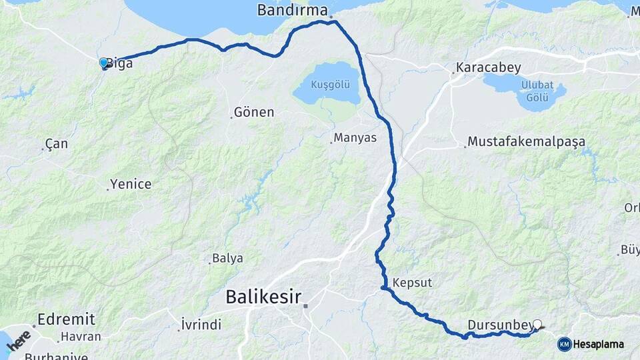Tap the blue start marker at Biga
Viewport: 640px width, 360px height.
point(103,63)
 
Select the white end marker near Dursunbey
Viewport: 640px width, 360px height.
point(537,325)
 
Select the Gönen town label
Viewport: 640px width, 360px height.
point(254,112)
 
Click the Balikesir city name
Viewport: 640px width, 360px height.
point(263,296)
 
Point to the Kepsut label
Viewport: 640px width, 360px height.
point(413,283)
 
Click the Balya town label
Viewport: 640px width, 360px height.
point(227,258)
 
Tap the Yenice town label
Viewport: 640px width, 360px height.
point(131,185)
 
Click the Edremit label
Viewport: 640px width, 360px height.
point(67,319)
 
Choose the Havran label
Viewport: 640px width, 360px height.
point(80,337)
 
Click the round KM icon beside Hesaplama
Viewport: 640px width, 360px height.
point(564,344)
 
